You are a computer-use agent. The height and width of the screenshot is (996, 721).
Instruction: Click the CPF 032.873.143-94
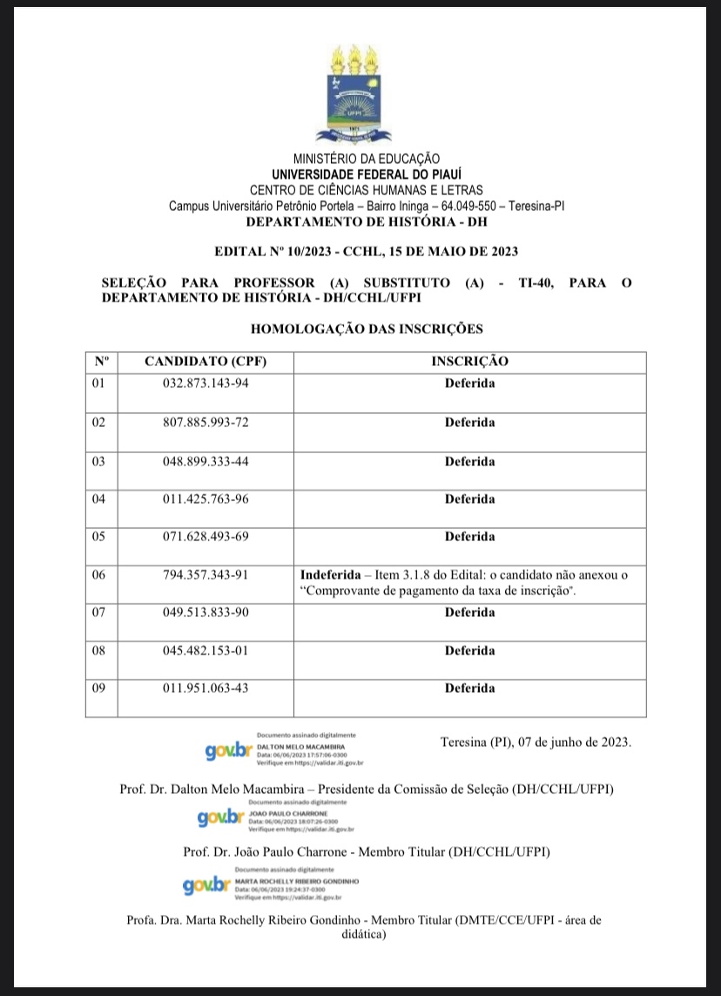click(206, 383)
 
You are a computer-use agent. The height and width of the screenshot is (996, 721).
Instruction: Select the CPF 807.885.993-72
click(206, 423)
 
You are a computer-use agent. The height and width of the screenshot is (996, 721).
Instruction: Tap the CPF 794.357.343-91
click(206, 575)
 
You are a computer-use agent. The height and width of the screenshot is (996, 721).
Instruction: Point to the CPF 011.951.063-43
click(206, 688)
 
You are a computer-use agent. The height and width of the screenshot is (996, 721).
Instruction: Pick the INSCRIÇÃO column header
click(469, 361)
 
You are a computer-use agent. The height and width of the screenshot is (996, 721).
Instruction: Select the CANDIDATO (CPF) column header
click(206, 361)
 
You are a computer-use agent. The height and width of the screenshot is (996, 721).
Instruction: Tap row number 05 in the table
click(98, 536)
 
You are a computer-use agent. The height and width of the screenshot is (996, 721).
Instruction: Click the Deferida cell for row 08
click(469, 651)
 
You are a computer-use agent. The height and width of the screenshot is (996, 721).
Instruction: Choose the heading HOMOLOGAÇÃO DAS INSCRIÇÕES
click(367, 329)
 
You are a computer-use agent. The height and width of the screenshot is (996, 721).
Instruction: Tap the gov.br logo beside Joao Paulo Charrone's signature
click(221, 817)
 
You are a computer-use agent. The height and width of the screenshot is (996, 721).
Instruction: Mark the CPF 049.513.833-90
click(206, 613)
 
